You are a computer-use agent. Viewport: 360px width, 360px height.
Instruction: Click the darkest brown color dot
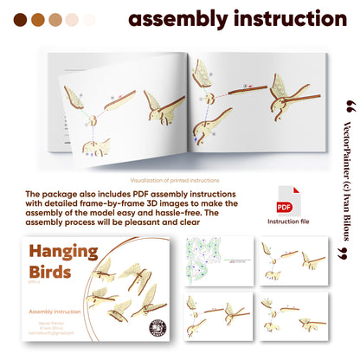[x=19, y=19]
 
